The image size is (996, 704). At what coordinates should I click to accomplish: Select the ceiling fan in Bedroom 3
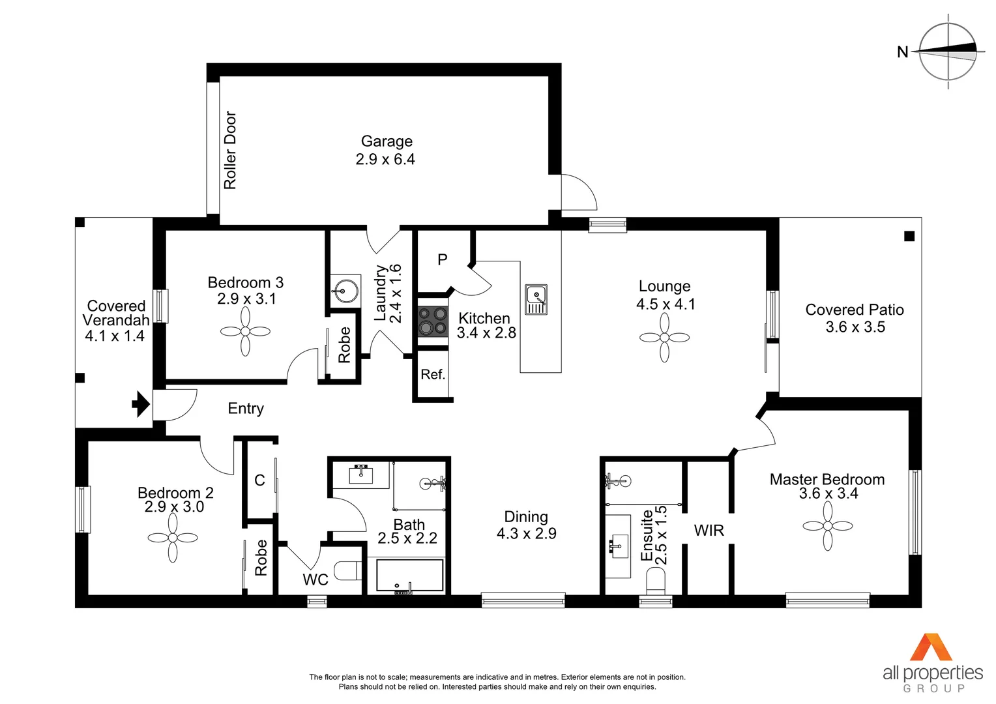point(245,331)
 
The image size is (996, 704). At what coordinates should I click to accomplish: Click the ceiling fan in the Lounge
point(664,337)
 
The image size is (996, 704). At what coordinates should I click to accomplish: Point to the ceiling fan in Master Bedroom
point(828,526)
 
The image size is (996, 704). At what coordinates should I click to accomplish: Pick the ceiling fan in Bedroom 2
point(173,538)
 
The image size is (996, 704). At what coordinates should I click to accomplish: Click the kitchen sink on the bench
point(536,299)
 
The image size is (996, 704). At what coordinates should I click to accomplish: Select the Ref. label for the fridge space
point(433,375)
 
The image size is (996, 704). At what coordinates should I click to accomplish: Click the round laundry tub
point(345,291)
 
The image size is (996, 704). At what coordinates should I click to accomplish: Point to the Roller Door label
point(230,150)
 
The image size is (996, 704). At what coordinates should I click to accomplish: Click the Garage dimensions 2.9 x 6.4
point(385,160)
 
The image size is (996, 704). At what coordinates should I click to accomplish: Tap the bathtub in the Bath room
point(409,575)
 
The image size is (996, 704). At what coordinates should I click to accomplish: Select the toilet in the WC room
point(348,571)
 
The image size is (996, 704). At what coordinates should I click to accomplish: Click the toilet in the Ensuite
point(655,579)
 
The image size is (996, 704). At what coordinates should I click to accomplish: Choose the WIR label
point(709,531)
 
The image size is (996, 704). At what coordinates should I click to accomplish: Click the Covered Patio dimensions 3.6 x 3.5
point(855,327)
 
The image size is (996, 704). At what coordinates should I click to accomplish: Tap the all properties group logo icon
point(931,647)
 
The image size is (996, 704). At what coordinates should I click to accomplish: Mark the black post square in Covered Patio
point(909,236)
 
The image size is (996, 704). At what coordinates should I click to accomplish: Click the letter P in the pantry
point(443,259)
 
